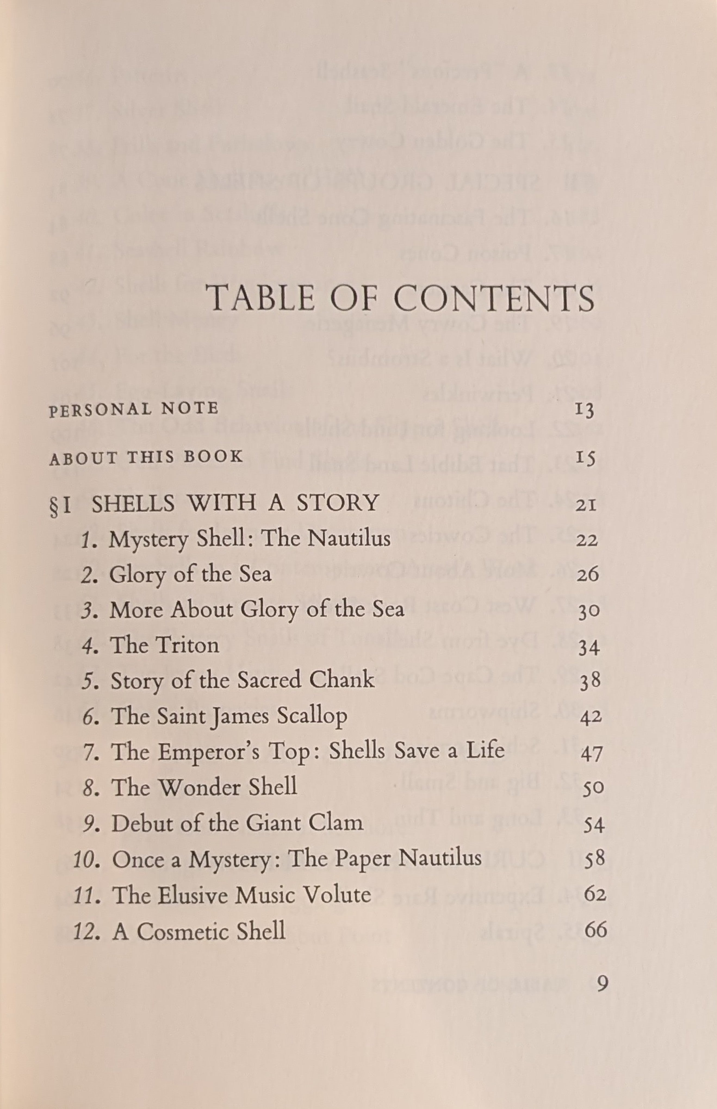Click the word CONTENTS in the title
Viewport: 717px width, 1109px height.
pos(495,298)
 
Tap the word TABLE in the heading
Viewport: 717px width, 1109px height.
pos(261,298)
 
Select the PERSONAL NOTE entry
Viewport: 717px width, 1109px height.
pos(134,409)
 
